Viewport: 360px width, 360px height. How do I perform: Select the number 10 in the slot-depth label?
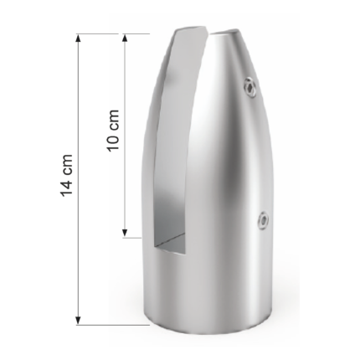click(x=114, y=141)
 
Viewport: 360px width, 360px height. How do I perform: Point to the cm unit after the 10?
click(x=114, y=119)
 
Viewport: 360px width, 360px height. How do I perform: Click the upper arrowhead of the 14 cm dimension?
click(x=79, y=39)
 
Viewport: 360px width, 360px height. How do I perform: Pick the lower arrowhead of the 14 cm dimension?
click(x=79, y=321)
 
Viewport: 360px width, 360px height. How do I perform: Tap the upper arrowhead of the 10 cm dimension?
click(x=125, y=39)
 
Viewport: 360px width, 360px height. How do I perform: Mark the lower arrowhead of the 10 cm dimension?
click(x=125, y=234)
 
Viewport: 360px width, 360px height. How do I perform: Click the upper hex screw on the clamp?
click(x=250, y=88)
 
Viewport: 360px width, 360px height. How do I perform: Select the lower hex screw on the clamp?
click(x=263, y=221)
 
